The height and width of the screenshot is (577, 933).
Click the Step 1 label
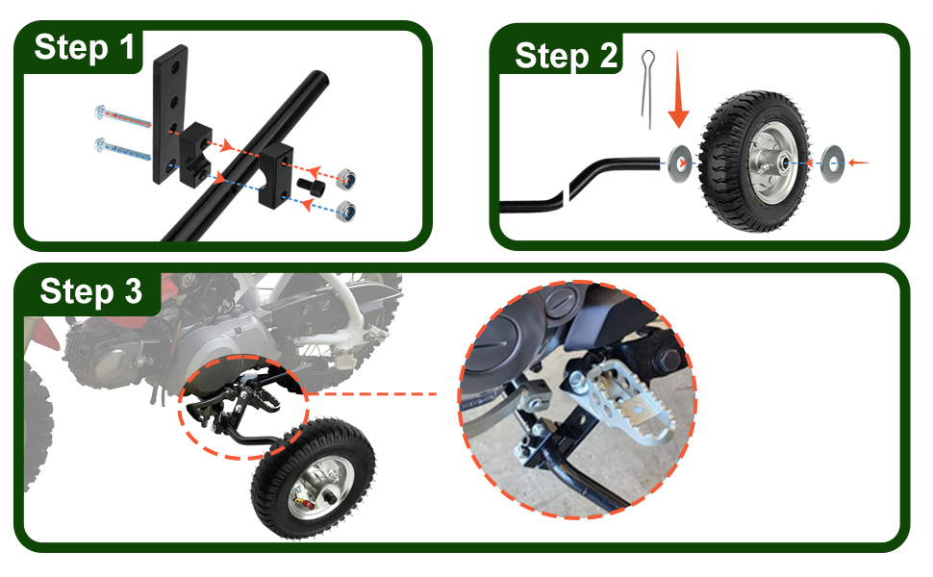pyautogui.click(x=85, y=47)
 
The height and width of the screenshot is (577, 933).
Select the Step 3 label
pyautogui.click(x=91, y=290)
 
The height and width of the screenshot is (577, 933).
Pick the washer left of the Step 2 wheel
pyautogui.click(x=677, y=163)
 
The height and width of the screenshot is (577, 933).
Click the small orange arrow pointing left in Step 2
pyautogui.click(x=859, y=163)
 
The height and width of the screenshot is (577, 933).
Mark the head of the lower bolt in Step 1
pyautogui.click(x=102, y=146)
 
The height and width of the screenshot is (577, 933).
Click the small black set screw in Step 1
pyautogui.click(x=310, y=182)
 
